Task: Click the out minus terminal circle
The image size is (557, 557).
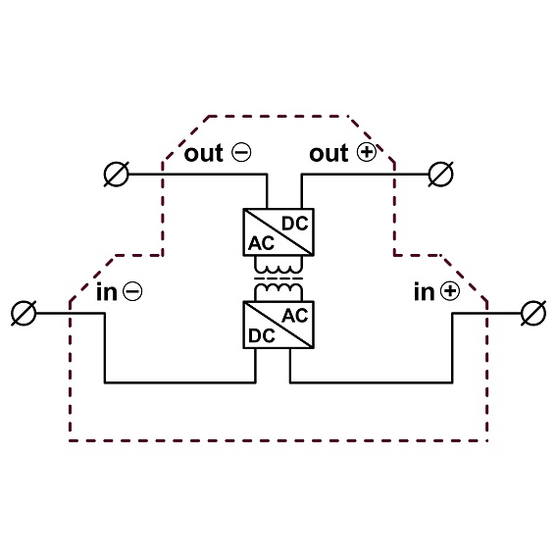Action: [117, 175]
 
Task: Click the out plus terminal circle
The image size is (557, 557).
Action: [441, 175]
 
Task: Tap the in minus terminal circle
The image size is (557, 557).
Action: [24, 314]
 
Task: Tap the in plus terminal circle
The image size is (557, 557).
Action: [533, 314]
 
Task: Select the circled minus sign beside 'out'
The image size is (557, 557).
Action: [241, 152]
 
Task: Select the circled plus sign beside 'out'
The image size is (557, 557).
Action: [366, 152]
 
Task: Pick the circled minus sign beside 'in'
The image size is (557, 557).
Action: [132, 291]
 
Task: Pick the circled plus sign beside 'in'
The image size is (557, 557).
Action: [450, 291]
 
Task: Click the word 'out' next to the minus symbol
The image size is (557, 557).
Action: [204, 153]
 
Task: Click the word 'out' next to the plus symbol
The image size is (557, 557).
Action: [329, 153]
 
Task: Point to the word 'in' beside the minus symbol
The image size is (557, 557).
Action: [107, 291]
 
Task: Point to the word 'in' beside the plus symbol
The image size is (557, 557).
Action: [425, 291]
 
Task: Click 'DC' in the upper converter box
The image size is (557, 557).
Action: [295, 224]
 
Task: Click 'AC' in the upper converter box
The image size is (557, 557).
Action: [261, 243]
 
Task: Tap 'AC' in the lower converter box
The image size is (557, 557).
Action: [295, 316]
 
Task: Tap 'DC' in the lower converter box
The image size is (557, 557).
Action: [262, 335]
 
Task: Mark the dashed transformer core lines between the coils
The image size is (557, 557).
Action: [278, 278]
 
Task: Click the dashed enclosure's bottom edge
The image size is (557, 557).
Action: [278, 441]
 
